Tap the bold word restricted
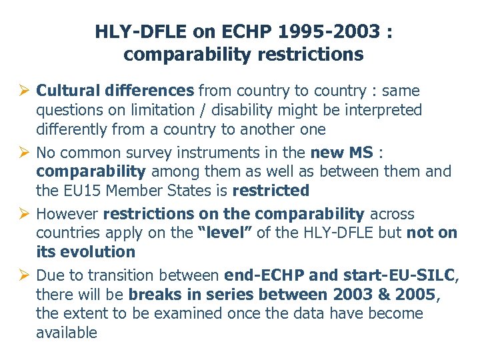271,191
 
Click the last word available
66,333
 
